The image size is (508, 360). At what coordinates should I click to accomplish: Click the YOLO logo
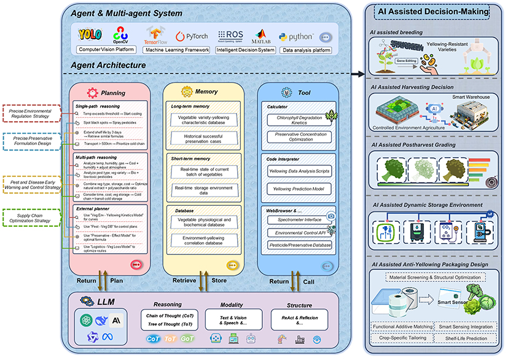click(x=90, y=34)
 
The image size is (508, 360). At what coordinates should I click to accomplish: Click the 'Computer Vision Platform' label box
click(x=106, y=49)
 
